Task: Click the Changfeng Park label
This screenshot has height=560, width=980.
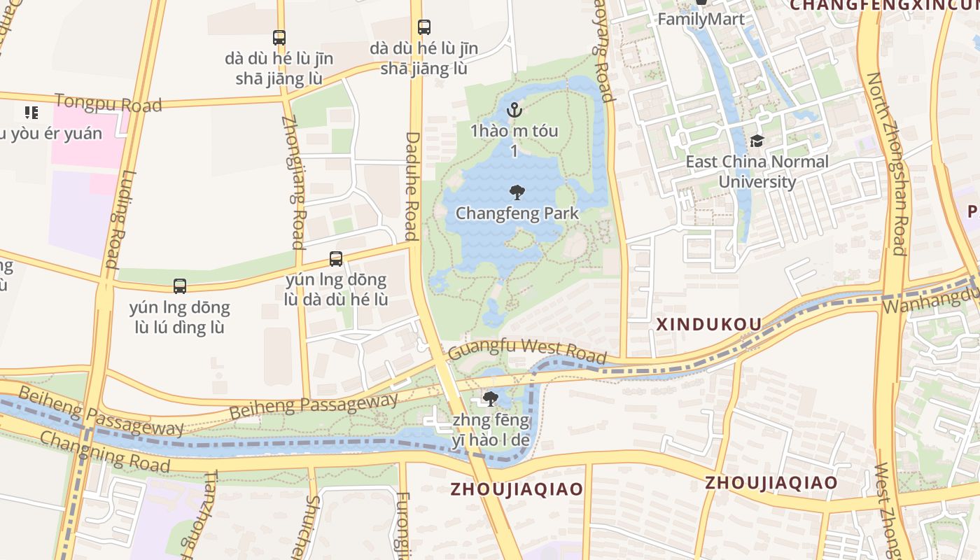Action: coord(517,213)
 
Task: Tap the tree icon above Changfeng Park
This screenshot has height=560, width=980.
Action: coord(517,192)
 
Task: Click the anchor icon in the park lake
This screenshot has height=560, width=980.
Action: coord(514,110)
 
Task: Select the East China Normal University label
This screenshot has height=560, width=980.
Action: coord(757,171)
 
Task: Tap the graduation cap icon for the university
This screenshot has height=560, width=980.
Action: coord(757,141)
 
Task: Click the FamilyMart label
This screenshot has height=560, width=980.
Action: coord(701,19)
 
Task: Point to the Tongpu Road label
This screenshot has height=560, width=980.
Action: coord(108,103)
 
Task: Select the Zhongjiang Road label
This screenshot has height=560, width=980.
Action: coord(293,181)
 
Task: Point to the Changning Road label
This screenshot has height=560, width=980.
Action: coord(104,451)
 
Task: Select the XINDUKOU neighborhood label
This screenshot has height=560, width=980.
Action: coord(708,324)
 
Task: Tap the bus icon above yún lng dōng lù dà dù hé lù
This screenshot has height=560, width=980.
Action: coord(336,259)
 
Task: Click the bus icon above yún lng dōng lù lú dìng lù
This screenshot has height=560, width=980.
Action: coord(180,286)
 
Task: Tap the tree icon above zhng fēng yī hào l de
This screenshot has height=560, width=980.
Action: coord(491,399)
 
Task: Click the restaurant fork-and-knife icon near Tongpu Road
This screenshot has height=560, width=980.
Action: coord(31,112)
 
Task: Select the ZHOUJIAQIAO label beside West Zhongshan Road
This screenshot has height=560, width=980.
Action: coord(771,482)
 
